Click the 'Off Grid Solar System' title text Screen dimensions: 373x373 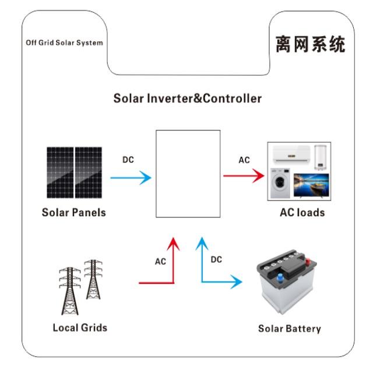coord(64,43)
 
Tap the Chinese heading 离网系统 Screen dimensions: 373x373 coord(311,44)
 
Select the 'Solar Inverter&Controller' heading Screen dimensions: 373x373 coord(188,98)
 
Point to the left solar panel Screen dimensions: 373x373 coord(60,173)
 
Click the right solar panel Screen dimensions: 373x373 coord(89,173)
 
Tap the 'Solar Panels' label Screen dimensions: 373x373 coord(74,212)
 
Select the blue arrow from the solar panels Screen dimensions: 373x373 coord(131,178)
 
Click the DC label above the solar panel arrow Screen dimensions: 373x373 coord(128,160)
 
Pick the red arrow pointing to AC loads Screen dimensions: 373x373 coord(244,176)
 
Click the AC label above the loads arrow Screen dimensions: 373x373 coord(244,160)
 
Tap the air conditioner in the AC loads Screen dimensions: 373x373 coord(291,154)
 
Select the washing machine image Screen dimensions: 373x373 coord(280,183)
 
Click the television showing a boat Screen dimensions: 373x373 coord(311,185)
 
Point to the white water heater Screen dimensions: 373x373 coord(321,157)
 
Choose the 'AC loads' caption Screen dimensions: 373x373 coord(302,212)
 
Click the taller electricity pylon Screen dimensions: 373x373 coord(70,291)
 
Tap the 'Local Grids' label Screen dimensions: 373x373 coord(80,328)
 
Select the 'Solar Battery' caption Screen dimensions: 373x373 coord(290,329)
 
